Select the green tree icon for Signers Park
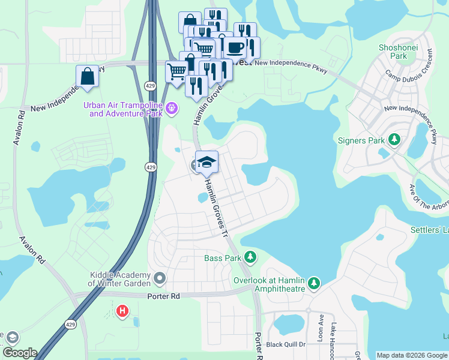[394, 140]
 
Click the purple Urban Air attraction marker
[172, 108]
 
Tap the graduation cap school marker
[206, 162]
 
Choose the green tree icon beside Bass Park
[250, 258]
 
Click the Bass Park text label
[222, 259]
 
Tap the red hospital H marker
[122, 311]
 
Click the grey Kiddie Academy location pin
[160, 278]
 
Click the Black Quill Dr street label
[286, 344]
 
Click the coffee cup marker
[234, 47]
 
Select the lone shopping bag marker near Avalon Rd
[87, 76]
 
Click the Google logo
[19, 353]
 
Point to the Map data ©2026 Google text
[412, 355]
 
